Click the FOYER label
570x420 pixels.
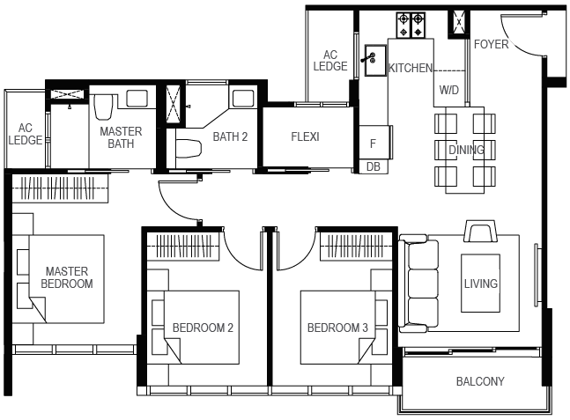[491, 44]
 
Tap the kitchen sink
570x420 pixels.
[375, 60]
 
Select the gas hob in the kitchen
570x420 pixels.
[411, 26]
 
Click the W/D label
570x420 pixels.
[449, 90]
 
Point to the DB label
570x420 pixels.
[374, 166]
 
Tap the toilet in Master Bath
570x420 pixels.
[103, 107]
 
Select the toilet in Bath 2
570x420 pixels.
[189, 149]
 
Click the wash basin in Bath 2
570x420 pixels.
[243, 98]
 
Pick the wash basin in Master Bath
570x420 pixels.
[137, 99]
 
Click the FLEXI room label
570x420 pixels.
[305, 136]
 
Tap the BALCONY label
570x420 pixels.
[480, 381]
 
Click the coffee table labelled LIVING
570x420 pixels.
[480, 283]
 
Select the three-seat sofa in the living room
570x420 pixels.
[418, 284]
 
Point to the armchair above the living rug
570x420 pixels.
[480, 231]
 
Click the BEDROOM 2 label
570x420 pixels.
[203, 328]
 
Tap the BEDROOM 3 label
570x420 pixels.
[337, 328]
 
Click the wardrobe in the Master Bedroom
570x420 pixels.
[60, 188]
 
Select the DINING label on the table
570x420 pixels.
[466, 150]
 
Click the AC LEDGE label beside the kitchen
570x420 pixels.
[330, 60]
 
